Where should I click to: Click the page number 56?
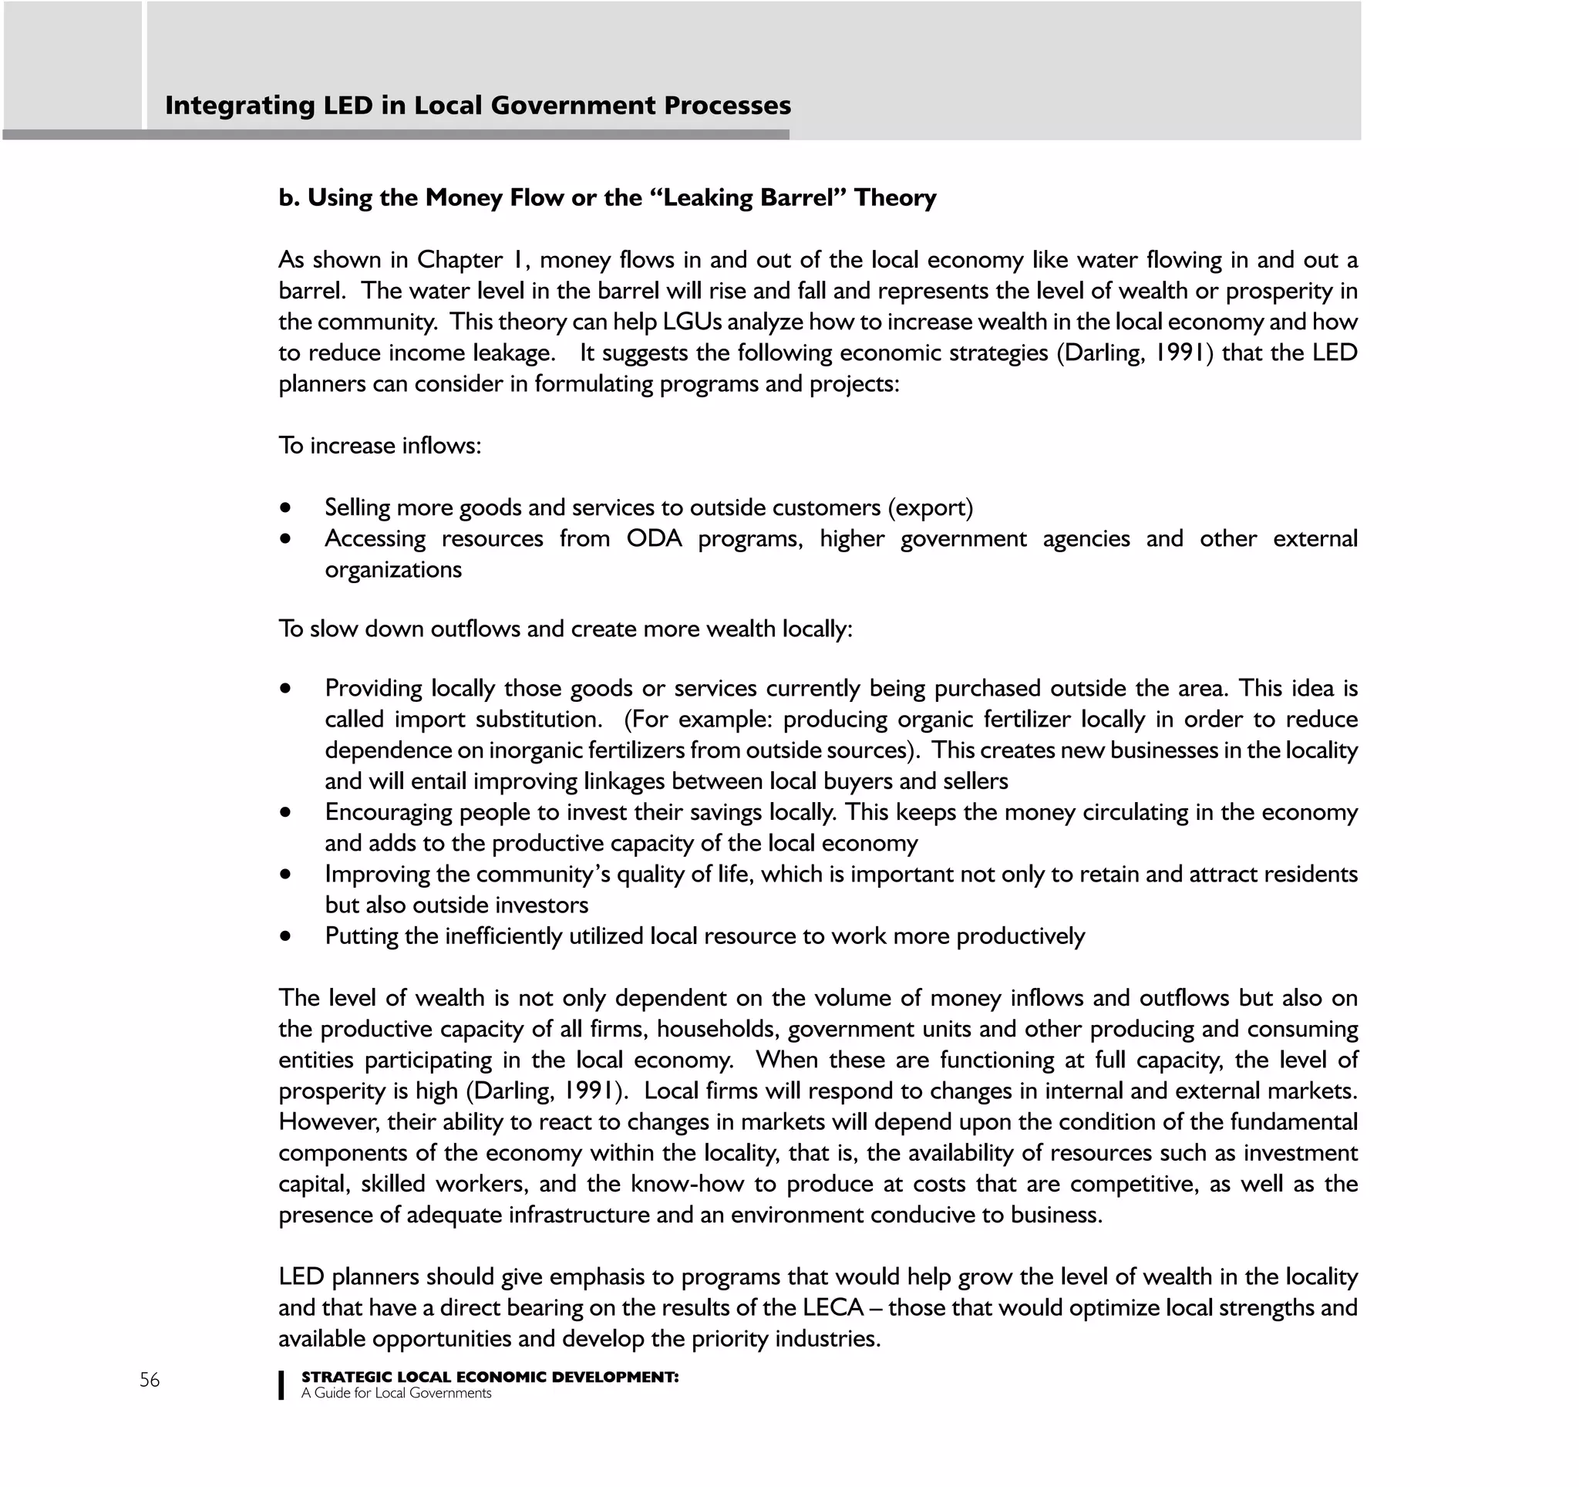coord(150,1380)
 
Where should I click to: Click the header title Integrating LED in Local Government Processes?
coord(477,105)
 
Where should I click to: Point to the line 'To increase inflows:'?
coord(379,446)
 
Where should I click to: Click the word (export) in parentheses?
coord(930,507)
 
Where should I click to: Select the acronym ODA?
coord(654,538)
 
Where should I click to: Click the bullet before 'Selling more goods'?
coord(285,507)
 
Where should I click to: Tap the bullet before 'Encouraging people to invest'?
coord(285,813)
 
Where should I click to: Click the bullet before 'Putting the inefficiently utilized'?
coord(285,936)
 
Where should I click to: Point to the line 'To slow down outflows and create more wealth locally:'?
coord(564,629)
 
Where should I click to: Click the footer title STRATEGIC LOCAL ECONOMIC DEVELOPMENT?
coord(490,1377)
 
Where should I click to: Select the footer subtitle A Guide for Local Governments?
coord(396,1393)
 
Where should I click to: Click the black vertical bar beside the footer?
coord(281,1384)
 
